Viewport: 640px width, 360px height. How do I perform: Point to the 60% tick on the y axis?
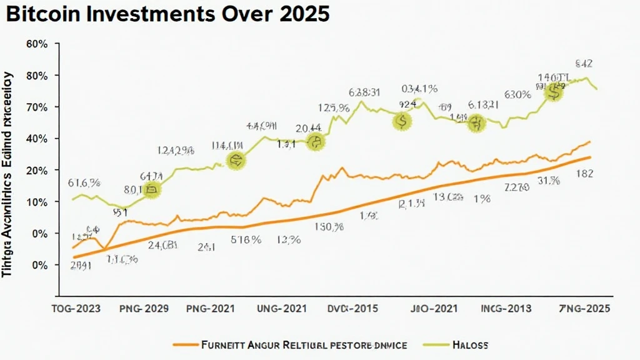(x=37, y=44)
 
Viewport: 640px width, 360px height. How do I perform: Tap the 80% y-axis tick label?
(x=37, y=76)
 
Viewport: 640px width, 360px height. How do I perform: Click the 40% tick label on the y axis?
(x=37, y=139)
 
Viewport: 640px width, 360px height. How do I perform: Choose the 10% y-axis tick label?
(x=37, y=202)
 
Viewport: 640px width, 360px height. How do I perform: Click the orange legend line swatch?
(x=186, y=345)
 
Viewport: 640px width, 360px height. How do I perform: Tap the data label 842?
(x=583, y=63)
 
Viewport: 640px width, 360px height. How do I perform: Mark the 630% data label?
(x=517, y=95)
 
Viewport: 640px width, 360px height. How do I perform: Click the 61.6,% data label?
(x=84, y=184)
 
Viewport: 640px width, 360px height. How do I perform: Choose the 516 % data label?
(x=246, y=239)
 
